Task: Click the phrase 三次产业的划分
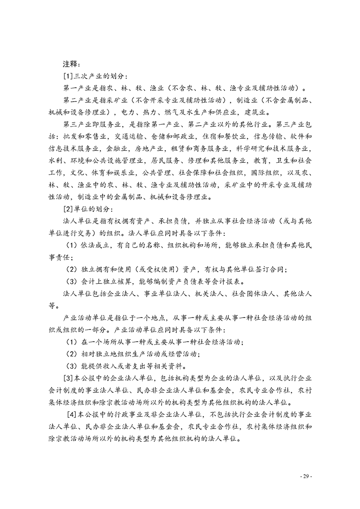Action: click(101, 75)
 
